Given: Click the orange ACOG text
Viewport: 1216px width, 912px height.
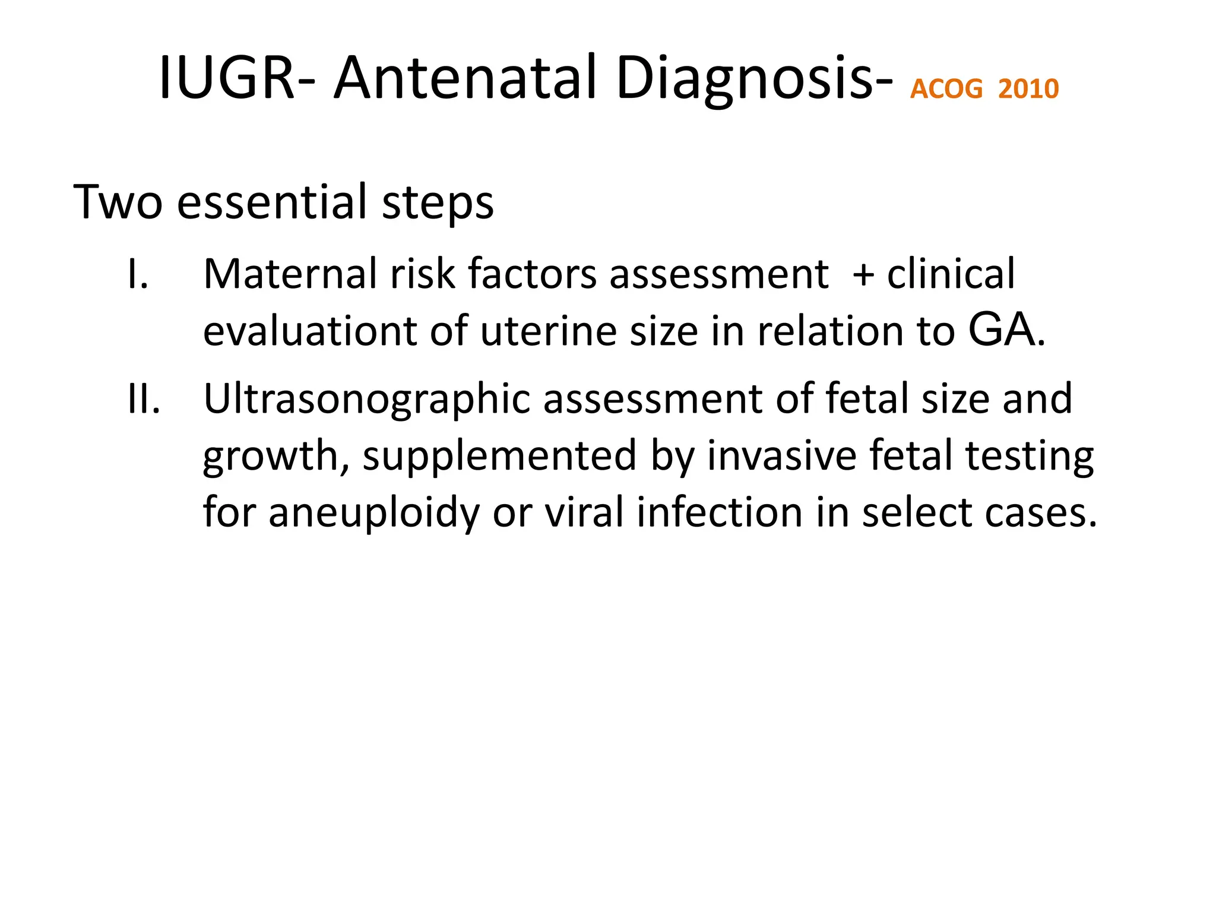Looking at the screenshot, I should [x=946, y=89].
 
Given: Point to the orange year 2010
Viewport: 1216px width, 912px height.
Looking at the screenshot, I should [x=1028, y=89].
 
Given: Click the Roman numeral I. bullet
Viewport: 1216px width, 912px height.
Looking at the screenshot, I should [x=138, y=275].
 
